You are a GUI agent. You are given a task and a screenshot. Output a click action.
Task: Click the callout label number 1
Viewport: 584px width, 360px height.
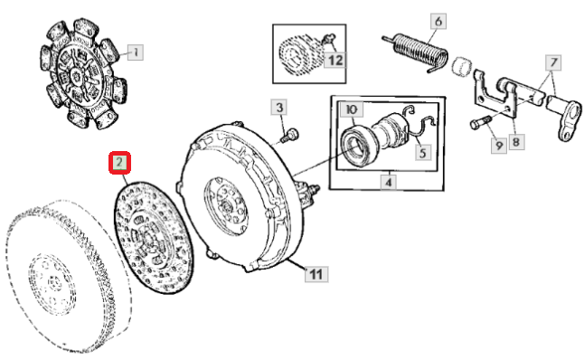point(136,52)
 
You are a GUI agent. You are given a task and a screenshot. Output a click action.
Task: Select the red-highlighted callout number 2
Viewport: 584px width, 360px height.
point(119,163)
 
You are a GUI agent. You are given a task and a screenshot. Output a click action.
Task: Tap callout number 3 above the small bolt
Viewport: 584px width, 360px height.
point(279,108)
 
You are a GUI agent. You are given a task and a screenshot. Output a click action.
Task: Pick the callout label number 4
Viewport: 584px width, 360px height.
point(389,183)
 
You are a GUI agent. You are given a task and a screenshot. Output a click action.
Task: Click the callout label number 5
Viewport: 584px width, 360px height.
point(423,153)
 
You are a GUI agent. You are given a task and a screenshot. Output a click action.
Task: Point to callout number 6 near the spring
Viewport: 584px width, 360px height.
point(438,21)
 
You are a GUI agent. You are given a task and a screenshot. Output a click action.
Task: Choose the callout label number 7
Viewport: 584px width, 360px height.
point(553,62)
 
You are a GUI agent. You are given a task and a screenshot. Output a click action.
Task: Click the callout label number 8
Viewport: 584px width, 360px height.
point(516,142)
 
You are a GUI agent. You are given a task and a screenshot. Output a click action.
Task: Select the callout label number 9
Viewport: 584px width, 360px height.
point(499,145)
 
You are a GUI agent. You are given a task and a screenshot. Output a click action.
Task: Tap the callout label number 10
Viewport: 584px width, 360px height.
point(352,109)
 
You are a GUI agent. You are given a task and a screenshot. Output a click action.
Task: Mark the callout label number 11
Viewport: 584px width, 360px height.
point(316,275)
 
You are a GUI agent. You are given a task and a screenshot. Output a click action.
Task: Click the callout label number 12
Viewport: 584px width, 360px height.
point(334,61)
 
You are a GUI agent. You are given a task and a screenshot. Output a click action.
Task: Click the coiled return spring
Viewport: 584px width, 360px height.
point(416,51)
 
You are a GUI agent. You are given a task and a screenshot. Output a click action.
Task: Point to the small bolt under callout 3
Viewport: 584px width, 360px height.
point(289,135)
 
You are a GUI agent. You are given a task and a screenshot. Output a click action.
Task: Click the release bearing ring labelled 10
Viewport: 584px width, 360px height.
point(354,147)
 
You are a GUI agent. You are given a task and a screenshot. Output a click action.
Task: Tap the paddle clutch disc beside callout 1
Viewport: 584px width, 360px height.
point(83,73)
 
